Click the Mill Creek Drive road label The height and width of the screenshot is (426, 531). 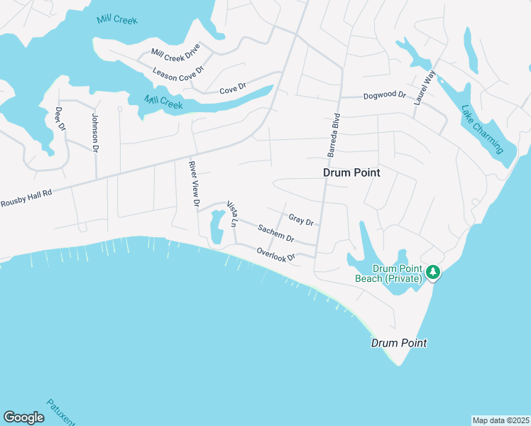pyautogui.click(x=176, y=53)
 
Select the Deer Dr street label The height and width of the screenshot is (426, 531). pyautogui.click(x=60, y=119)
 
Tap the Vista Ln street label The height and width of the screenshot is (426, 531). pyautogui.click(x=232, y=214)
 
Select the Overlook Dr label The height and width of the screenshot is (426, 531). pyautogui.click(x=276, y=253)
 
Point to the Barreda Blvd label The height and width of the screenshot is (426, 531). pyautogui.click(x=333, y=135)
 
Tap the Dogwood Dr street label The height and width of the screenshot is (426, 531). pyautogui.click(x=384, y=95)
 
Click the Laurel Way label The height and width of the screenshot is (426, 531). pyautogui.click(x=424, y=88)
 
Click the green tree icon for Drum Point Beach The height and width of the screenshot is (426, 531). pyautogui.click(x=432, y=271)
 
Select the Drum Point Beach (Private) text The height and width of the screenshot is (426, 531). pyautogui.click(x=389, y=273)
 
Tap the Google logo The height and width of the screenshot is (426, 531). pyautogui.click(x=23, y=417)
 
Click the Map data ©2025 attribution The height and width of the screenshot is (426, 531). pyautogui.click(x=500, y=420)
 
